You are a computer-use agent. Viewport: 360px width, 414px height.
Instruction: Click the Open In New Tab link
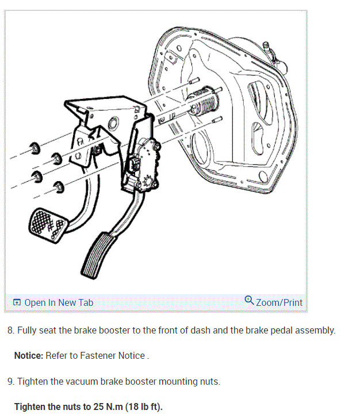58,302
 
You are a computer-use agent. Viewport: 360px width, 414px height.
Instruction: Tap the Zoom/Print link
279,302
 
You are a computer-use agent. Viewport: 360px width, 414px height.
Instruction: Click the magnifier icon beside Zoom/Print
249,301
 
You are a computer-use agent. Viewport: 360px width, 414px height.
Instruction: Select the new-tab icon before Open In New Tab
17,302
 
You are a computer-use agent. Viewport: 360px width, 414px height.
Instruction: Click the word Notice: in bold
29,356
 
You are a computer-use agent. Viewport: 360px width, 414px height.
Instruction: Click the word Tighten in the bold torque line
30,407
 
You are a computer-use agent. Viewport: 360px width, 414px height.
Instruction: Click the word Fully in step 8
26,331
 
